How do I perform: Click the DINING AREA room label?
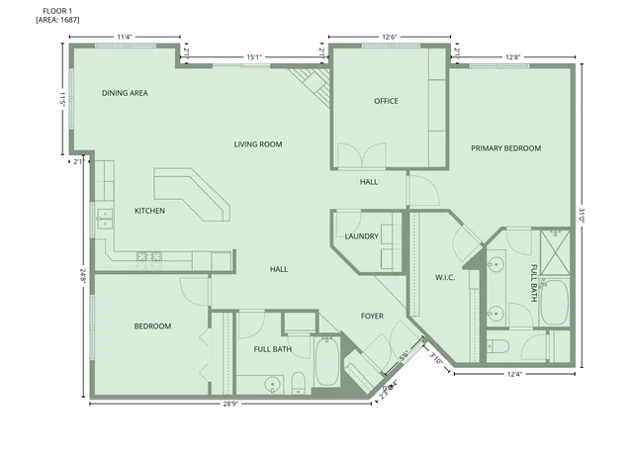(x=125, y=93)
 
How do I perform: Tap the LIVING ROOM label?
(x=258, y=144)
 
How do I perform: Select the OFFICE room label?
(x=386, y=101)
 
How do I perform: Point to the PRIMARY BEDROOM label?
(x=505, y=148)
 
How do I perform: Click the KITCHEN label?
(x=149, y=211)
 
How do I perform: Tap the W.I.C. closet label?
(x=444, y=277)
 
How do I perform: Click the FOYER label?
(x=372, y=317)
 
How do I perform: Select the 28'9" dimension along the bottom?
(x=228, y=404)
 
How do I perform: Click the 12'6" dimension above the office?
(x=390, y=38)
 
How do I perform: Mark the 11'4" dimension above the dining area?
(x=125, y=38)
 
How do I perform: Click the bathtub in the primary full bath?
(x=554, y=302)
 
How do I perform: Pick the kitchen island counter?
(x=193, y=193)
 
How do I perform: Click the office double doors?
(x=360, y=156)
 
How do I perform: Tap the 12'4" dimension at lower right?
(x=513, y=374)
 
